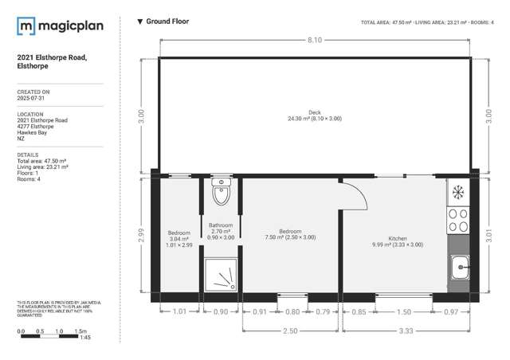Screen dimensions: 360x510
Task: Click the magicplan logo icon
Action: coord(25,28)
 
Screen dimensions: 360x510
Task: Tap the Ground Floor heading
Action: coord(167,22)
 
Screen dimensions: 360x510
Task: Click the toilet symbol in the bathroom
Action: coord(221,193)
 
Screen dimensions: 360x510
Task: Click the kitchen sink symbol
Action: coord(460,270)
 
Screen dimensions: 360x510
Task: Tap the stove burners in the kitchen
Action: coord(459,220)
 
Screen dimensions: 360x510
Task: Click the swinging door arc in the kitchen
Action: coord(353,195)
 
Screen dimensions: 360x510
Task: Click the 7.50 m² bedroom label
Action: coord(290,233)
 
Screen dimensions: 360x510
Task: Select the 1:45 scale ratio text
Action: coord(85,338)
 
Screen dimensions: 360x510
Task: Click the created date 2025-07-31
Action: coord(33,100)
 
